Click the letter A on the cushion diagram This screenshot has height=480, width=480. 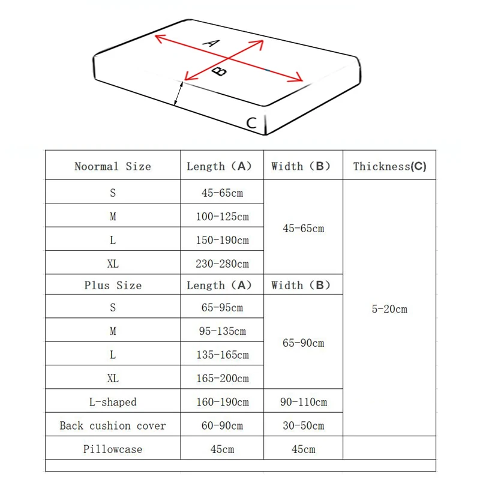pyautogui.click(x=211, y=43)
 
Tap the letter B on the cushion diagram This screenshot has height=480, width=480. pyautogui.click(x=220, y=71)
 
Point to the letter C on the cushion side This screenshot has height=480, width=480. pyautogui.click(x=252, y=124)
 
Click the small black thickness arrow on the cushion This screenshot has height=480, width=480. pyautogui.click(x=179, y=94)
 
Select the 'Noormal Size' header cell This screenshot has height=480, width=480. pyautogui.click(x=113, y=166)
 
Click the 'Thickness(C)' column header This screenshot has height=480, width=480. pyautogui.click(x=389, y=166)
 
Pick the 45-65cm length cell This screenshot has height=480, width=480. pyautogui.click(x=222, y=193)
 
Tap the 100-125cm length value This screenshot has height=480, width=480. pyautogui.click(x=222, y=217)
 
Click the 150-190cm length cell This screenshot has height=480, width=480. pyautogui.click(x=222, y=240)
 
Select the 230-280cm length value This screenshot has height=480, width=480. pyautogui.click(x=222, y=263)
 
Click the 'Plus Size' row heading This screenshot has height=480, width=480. pyautogui.click(x=113, y=285)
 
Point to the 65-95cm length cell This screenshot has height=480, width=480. pyautogui.click(x=222, y=308)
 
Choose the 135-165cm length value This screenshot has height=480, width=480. pyautogui.click(x=222, y=355)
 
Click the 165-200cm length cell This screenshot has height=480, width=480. pyautogui.click(x=222, y=378)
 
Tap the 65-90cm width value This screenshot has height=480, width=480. pyautogui.click(x=303, y=343)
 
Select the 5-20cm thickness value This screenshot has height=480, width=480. pyautogui.click(x=389, y=309)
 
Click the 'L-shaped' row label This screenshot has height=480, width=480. pyautogui.click(x=113, y=401)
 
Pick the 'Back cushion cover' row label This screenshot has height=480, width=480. pyautogui.click(x=113, y=425)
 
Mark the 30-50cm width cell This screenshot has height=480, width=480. pyautogui.click(x=303, y=425)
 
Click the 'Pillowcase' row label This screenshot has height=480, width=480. pyautogui.click(x=113, y=449)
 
